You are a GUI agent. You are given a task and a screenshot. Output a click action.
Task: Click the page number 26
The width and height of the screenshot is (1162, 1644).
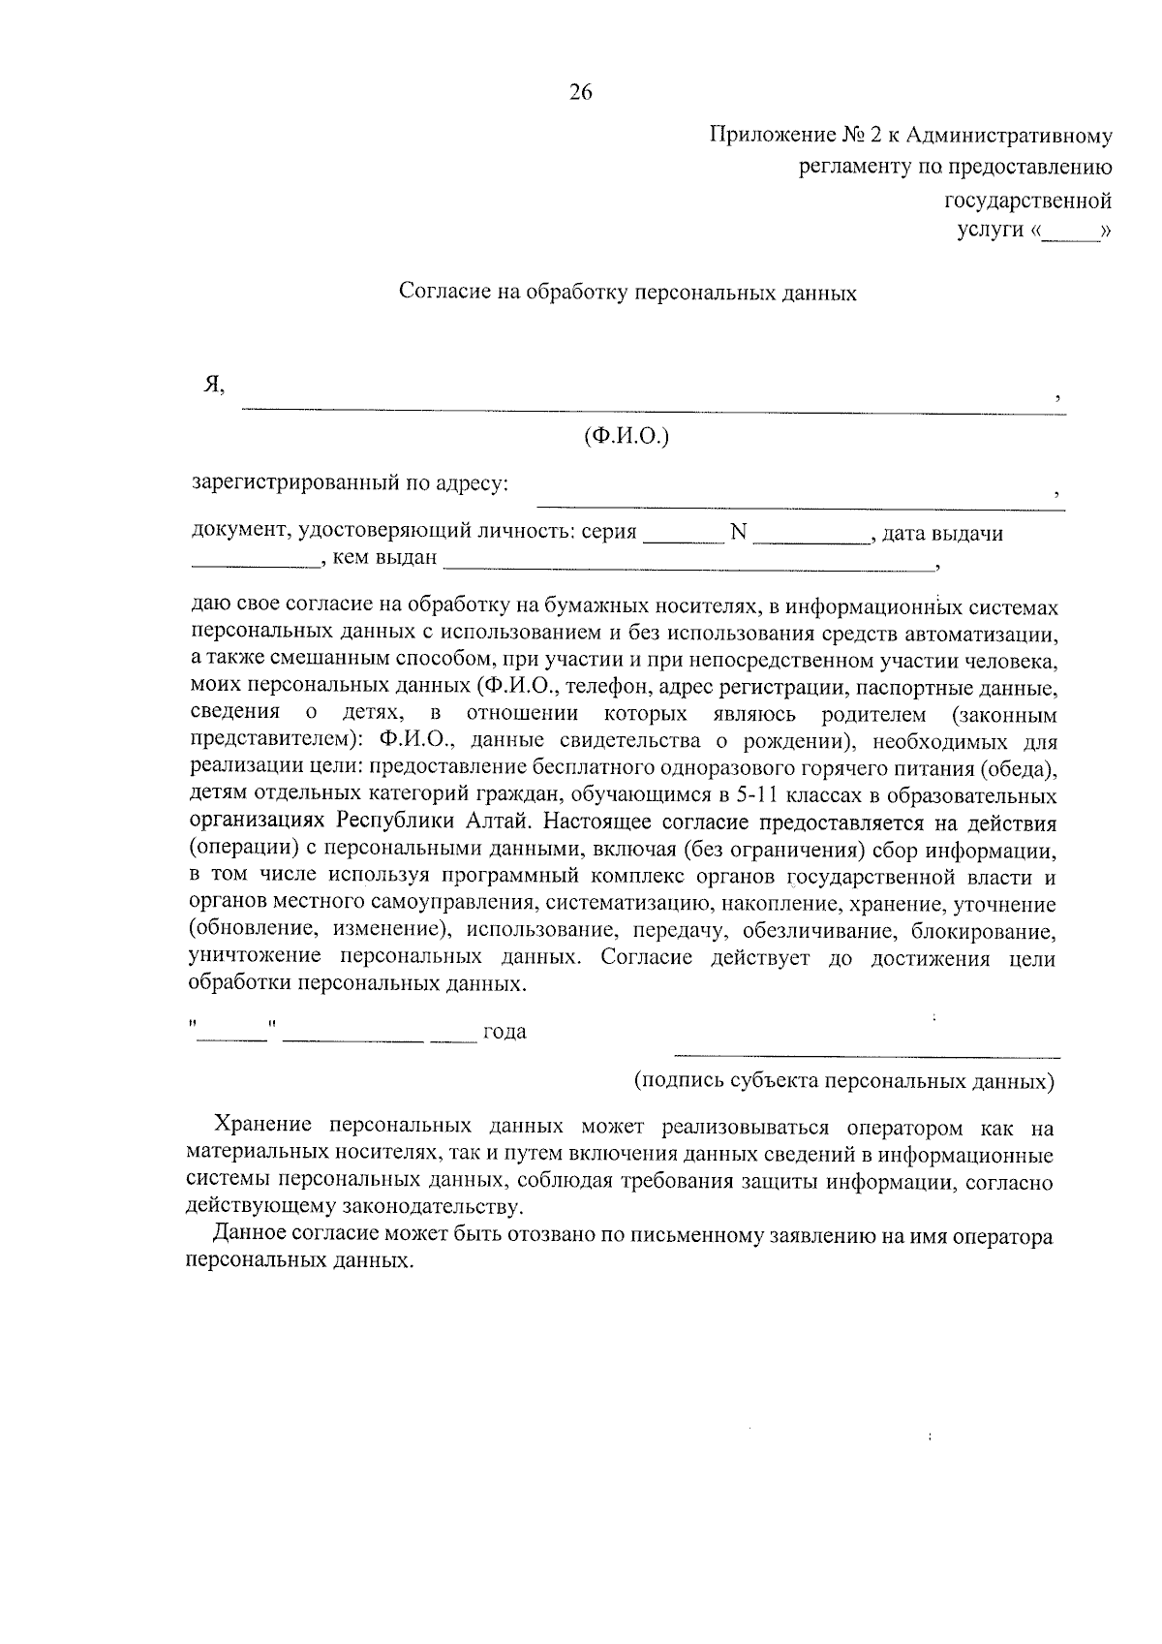[580, 93]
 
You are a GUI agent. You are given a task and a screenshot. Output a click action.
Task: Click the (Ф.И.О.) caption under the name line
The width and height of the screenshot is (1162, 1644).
[627, 437]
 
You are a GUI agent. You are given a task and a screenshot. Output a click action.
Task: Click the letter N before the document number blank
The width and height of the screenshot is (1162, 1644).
[738, 533]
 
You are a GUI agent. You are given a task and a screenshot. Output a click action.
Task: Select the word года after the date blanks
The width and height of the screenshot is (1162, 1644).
[505, 1032]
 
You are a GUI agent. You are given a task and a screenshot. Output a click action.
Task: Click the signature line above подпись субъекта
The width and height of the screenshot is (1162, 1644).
[867, 1054]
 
